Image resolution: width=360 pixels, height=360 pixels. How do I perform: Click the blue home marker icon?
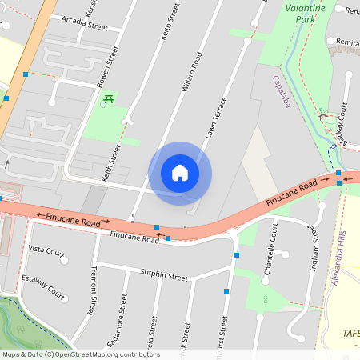180,173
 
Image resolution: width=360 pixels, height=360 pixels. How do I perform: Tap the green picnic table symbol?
108,99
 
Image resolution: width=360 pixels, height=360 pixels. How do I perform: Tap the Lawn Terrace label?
215,118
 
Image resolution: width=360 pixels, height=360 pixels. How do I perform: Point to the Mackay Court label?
340,121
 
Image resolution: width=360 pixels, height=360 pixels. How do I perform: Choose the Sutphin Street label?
164,277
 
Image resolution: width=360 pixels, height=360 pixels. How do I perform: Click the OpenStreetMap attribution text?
81,354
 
